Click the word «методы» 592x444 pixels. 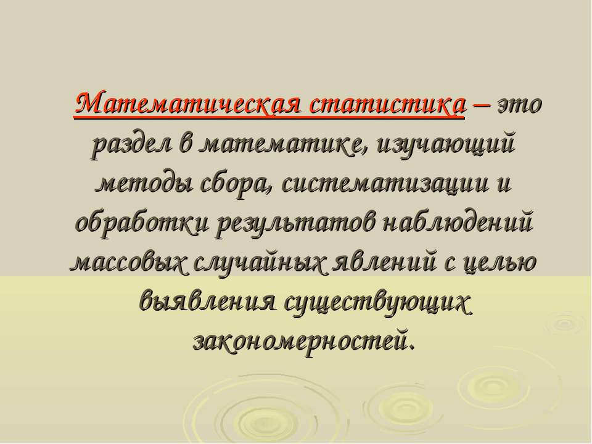[x=144, y=184]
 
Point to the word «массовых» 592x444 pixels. [x=129, y=262]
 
